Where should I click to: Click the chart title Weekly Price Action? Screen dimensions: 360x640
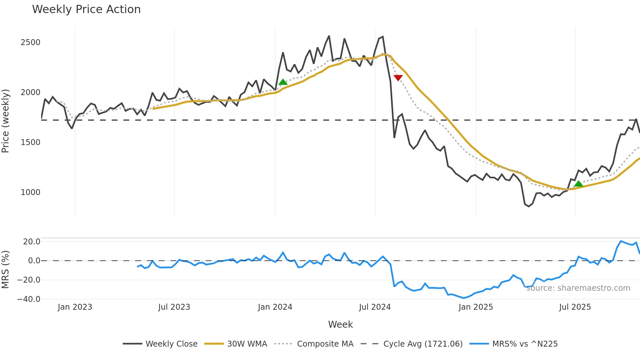[x=86, y=9]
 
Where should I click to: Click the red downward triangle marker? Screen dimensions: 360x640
[x=398, y=77]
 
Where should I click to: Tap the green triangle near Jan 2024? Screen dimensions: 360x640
[x=283, y=82]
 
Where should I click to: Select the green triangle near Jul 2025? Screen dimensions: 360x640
[x=579, y=184]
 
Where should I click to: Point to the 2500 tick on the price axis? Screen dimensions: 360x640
[x=30, y=42]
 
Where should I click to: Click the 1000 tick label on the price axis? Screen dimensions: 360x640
[x=30, y=192]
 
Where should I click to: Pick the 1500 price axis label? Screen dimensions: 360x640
[x=30, y=142]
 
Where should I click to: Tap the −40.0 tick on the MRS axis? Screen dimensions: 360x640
[x=29, y=299]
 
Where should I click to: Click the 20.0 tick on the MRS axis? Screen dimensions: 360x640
[x=32, y=242]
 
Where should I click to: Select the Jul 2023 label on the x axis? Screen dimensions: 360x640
[x=174, y=307]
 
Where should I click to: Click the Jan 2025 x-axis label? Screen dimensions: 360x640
[x=475, y=307]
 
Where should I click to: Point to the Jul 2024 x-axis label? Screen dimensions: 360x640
[x=375, y=307]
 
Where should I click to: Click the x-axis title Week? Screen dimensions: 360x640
[x=340, y=324]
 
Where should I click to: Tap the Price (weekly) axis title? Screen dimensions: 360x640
[x=6, y=121]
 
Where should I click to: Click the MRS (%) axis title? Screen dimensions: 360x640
[x=6, y=270]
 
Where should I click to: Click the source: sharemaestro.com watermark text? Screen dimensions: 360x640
[x=578, y=288]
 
